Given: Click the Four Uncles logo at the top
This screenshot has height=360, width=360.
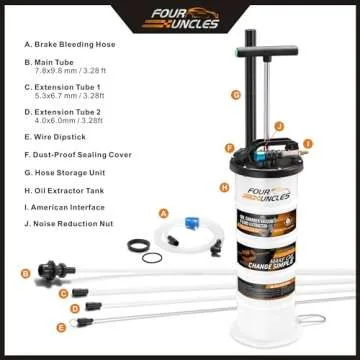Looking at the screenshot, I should [x=180, y=19].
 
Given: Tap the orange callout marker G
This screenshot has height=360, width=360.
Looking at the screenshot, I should [x=236, y=95].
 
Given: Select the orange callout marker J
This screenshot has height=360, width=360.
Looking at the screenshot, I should [x=281, y=125].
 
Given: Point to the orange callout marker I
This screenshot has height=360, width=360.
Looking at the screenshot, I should [x=309, y=143].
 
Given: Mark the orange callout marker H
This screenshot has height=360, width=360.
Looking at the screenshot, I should [x=225, y=187].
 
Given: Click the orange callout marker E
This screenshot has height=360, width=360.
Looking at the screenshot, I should [x=61, y=327].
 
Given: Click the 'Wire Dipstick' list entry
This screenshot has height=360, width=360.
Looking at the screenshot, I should [x=59, y=135].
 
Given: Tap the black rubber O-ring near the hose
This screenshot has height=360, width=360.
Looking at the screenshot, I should [x=150, y=258].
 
